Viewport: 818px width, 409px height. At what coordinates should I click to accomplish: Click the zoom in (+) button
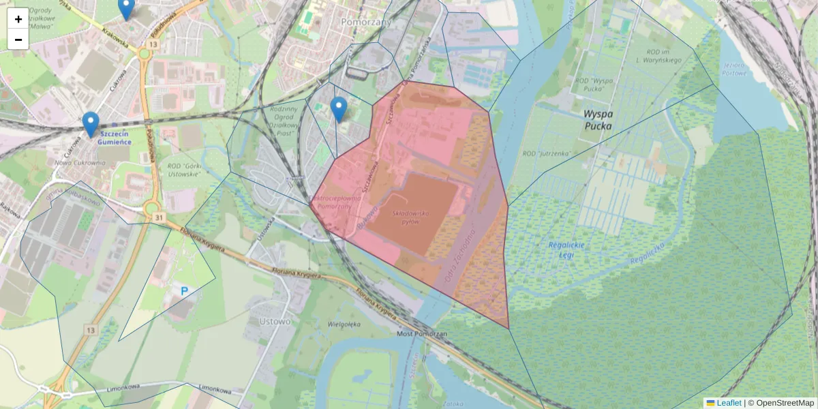pos(18,19)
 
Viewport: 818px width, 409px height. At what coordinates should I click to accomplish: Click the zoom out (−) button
pos(18,40)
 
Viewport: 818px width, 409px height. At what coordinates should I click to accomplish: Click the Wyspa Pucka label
pos(588,121)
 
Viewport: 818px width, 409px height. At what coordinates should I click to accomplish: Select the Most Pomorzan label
pos(422,334)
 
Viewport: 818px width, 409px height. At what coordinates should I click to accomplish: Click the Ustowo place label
pos(275,321)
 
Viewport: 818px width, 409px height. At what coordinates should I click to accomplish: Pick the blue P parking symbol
pos(184,291)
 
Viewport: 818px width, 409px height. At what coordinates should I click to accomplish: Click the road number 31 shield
pos(158,217)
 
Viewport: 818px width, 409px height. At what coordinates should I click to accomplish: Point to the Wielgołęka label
pos(344,324)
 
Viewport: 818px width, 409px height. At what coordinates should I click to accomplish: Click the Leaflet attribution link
pos(729,403)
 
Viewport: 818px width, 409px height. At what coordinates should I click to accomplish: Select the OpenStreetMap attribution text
pos(785,403)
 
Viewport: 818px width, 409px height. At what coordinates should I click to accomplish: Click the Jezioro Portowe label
pos(735,70)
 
